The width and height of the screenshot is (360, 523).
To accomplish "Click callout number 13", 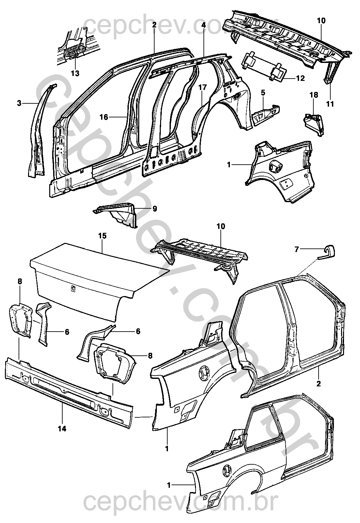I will coord(75,73).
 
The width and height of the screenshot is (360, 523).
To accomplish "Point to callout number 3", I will coord(19,103).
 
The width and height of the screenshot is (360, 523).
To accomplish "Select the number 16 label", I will coord(104,117).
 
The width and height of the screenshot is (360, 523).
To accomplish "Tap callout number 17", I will coord(203,24).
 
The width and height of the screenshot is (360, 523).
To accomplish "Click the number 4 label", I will coord(263,92).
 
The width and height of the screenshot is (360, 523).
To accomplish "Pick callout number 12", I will coord(300,78).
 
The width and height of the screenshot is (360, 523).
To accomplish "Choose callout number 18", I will coord(313,95).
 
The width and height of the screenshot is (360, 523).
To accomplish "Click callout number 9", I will coord(154,209).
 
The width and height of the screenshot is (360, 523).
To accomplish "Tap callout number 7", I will coord(296,249).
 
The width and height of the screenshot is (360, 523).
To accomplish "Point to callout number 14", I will coord(62,429).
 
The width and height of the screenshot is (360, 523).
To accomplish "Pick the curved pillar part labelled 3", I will coord(37,130).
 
